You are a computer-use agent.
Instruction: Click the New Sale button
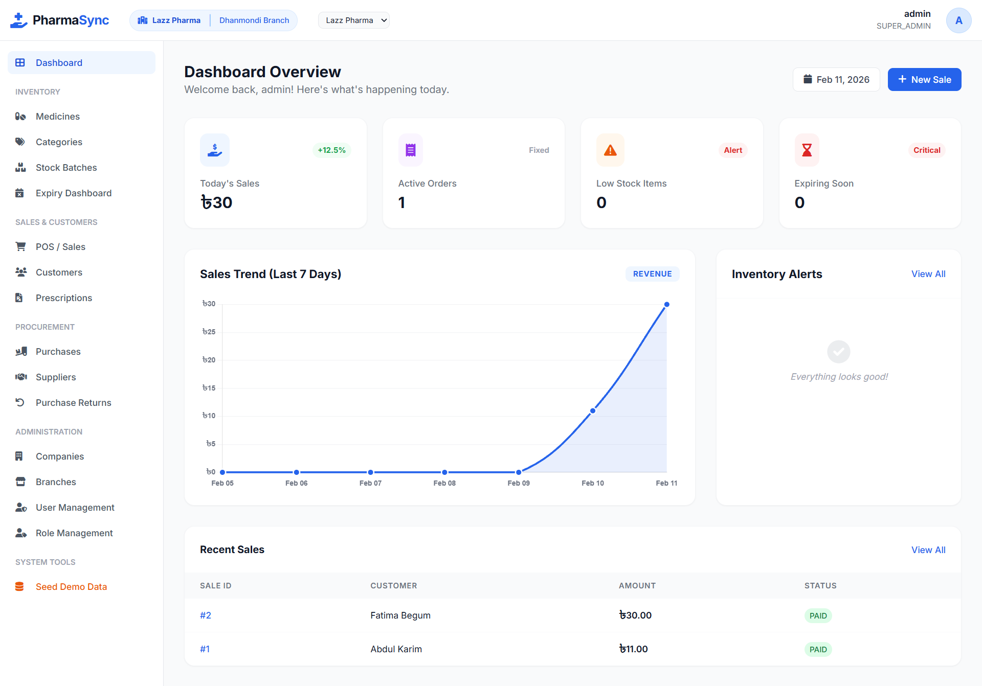coord(924,80)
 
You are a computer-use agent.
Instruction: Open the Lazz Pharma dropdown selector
coord(354,20)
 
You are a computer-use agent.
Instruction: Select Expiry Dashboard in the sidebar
coord(73,193)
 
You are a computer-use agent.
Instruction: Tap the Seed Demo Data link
coord(71,587)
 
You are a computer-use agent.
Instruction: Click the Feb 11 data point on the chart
coord(666,305)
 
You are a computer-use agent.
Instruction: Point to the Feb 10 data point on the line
coord(593,411)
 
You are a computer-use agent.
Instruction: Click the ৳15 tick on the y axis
coord(209,388)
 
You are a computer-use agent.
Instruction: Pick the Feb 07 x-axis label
coord(370,483)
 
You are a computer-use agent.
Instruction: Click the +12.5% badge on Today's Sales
coord(331,150)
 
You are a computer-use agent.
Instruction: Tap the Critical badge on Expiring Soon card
coord(927,150)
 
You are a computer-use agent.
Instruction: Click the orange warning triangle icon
coord(610,150)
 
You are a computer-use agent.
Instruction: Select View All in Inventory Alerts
coord(928,274)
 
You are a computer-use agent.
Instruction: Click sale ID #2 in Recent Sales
coord(206,615)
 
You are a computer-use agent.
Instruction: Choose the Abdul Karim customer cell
coord(396,649)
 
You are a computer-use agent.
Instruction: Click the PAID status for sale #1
coord(818,649)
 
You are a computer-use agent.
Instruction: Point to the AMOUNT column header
coord(637,586)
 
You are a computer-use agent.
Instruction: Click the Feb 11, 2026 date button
coord(836,80)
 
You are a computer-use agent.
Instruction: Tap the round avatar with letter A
coord(958,20)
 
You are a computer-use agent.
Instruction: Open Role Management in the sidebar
coord(74,533)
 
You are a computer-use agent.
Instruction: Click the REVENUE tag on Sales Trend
coord(652,274)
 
